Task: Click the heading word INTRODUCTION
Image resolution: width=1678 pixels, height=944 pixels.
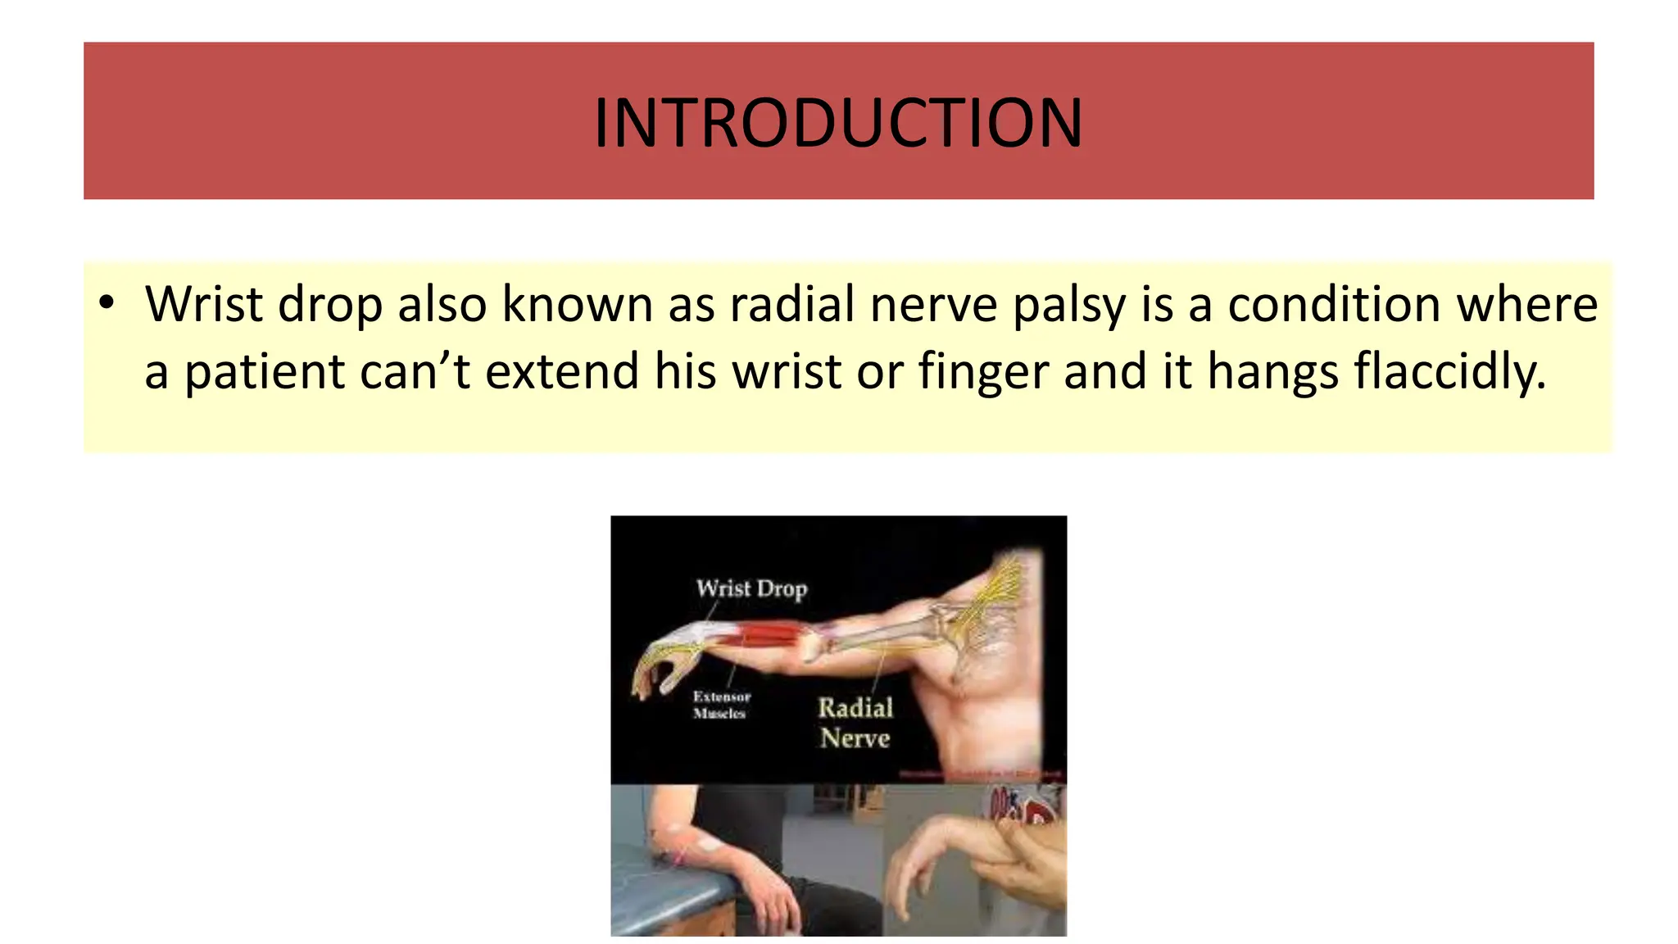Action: pyautogui.click(x=838, y=123)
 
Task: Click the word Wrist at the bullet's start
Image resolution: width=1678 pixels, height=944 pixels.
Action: pyautogui.click(x=204, y=304)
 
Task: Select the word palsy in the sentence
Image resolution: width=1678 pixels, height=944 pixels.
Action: pyautogui.click(x=1068, y=306)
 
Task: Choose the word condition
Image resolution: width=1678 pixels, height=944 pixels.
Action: pyautogui.click(x=1334, y=304)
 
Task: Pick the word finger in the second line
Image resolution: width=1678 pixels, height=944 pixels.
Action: pyautogui.click(x=983, y=371)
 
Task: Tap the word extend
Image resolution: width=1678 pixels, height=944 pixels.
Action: pyautogui.click(x=562, y=371)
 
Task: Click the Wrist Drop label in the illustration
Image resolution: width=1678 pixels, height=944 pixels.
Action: pyautogui.click(x=751, y=588)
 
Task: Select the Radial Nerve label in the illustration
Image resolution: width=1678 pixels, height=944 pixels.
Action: pyautogui.click(x=855, y=723)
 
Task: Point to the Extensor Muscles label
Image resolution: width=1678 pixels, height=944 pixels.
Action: pyautogui.click(x=721, y=705)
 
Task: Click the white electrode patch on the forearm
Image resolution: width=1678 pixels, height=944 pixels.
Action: pyautogui.click(x=706, y=842)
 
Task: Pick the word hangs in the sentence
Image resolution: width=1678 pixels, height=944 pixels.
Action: pyautogui.click(x=1272, y=371)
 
